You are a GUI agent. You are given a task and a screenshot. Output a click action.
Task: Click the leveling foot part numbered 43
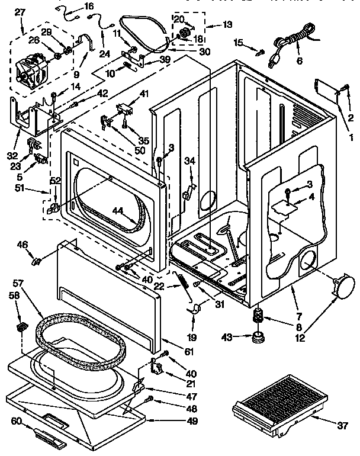259,338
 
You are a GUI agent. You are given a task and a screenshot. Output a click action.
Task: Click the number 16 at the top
89,7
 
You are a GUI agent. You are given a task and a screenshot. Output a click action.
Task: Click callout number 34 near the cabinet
189,160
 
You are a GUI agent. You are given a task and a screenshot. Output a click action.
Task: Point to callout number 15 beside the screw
239,42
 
